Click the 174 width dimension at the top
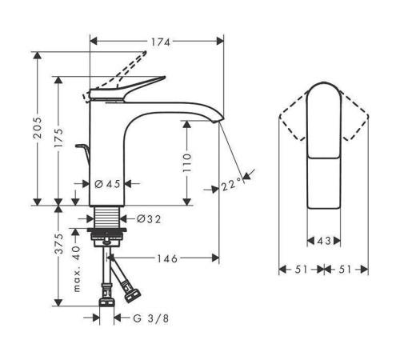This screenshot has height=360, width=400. click(158, 39)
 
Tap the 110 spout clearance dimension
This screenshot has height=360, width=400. click(186, 165)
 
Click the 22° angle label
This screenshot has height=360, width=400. click(232, 186)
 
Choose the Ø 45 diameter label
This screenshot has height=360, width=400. click(107, 184)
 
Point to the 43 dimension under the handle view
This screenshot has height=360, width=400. click(324, 240)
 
